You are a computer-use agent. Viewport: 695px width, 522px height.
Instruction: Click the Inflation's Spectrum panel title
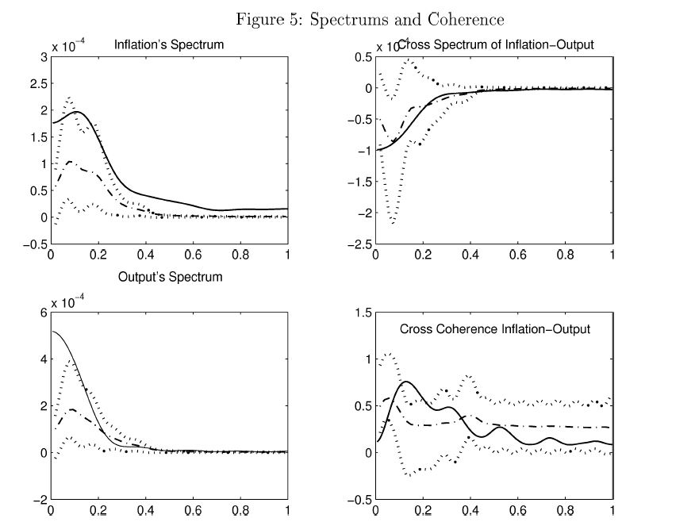tap(169, 45)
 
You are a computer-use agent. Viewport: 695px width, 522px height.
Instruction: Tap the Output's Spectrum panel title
tap(170, 277)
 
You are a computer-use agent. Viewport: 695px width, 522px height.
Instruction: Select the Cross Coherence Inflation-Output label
tap(495, 328)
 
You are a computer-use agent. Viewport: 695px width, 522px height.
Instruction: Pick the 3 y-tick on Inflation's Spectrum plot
tap(43, 57)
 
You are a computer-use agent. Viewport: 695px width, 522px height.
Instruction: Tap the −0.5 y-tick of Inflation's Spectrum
tap(35, 244)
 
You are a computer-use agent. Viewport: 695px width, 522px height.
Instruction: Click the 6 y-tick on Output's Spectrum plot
tap(43, 313)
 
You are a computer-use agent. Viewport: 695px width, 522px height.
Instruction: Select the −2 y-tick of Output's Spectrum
tap(39, 500)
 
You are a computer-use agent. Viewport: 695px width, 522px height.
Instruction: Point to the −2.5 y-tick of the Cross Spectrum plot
tap(359, 244)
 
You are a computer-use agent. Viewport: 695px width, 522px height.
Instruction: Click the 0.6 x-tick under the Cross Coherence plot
tap(518, 512)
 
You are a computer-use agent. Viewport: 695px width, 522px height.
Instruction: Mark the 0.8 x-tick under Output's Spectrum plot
tap(240, 512)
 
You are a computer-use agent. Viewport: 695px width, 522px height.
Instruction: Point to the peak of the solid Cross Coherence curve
tap(405, 382)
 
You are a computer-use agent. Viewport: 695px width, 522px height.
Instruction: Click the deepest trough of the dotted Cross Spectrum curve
tap(394, 223)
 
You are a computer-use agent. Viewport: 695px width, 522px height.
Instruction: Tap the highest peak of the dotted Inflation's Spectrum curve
tap(69, 98)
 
